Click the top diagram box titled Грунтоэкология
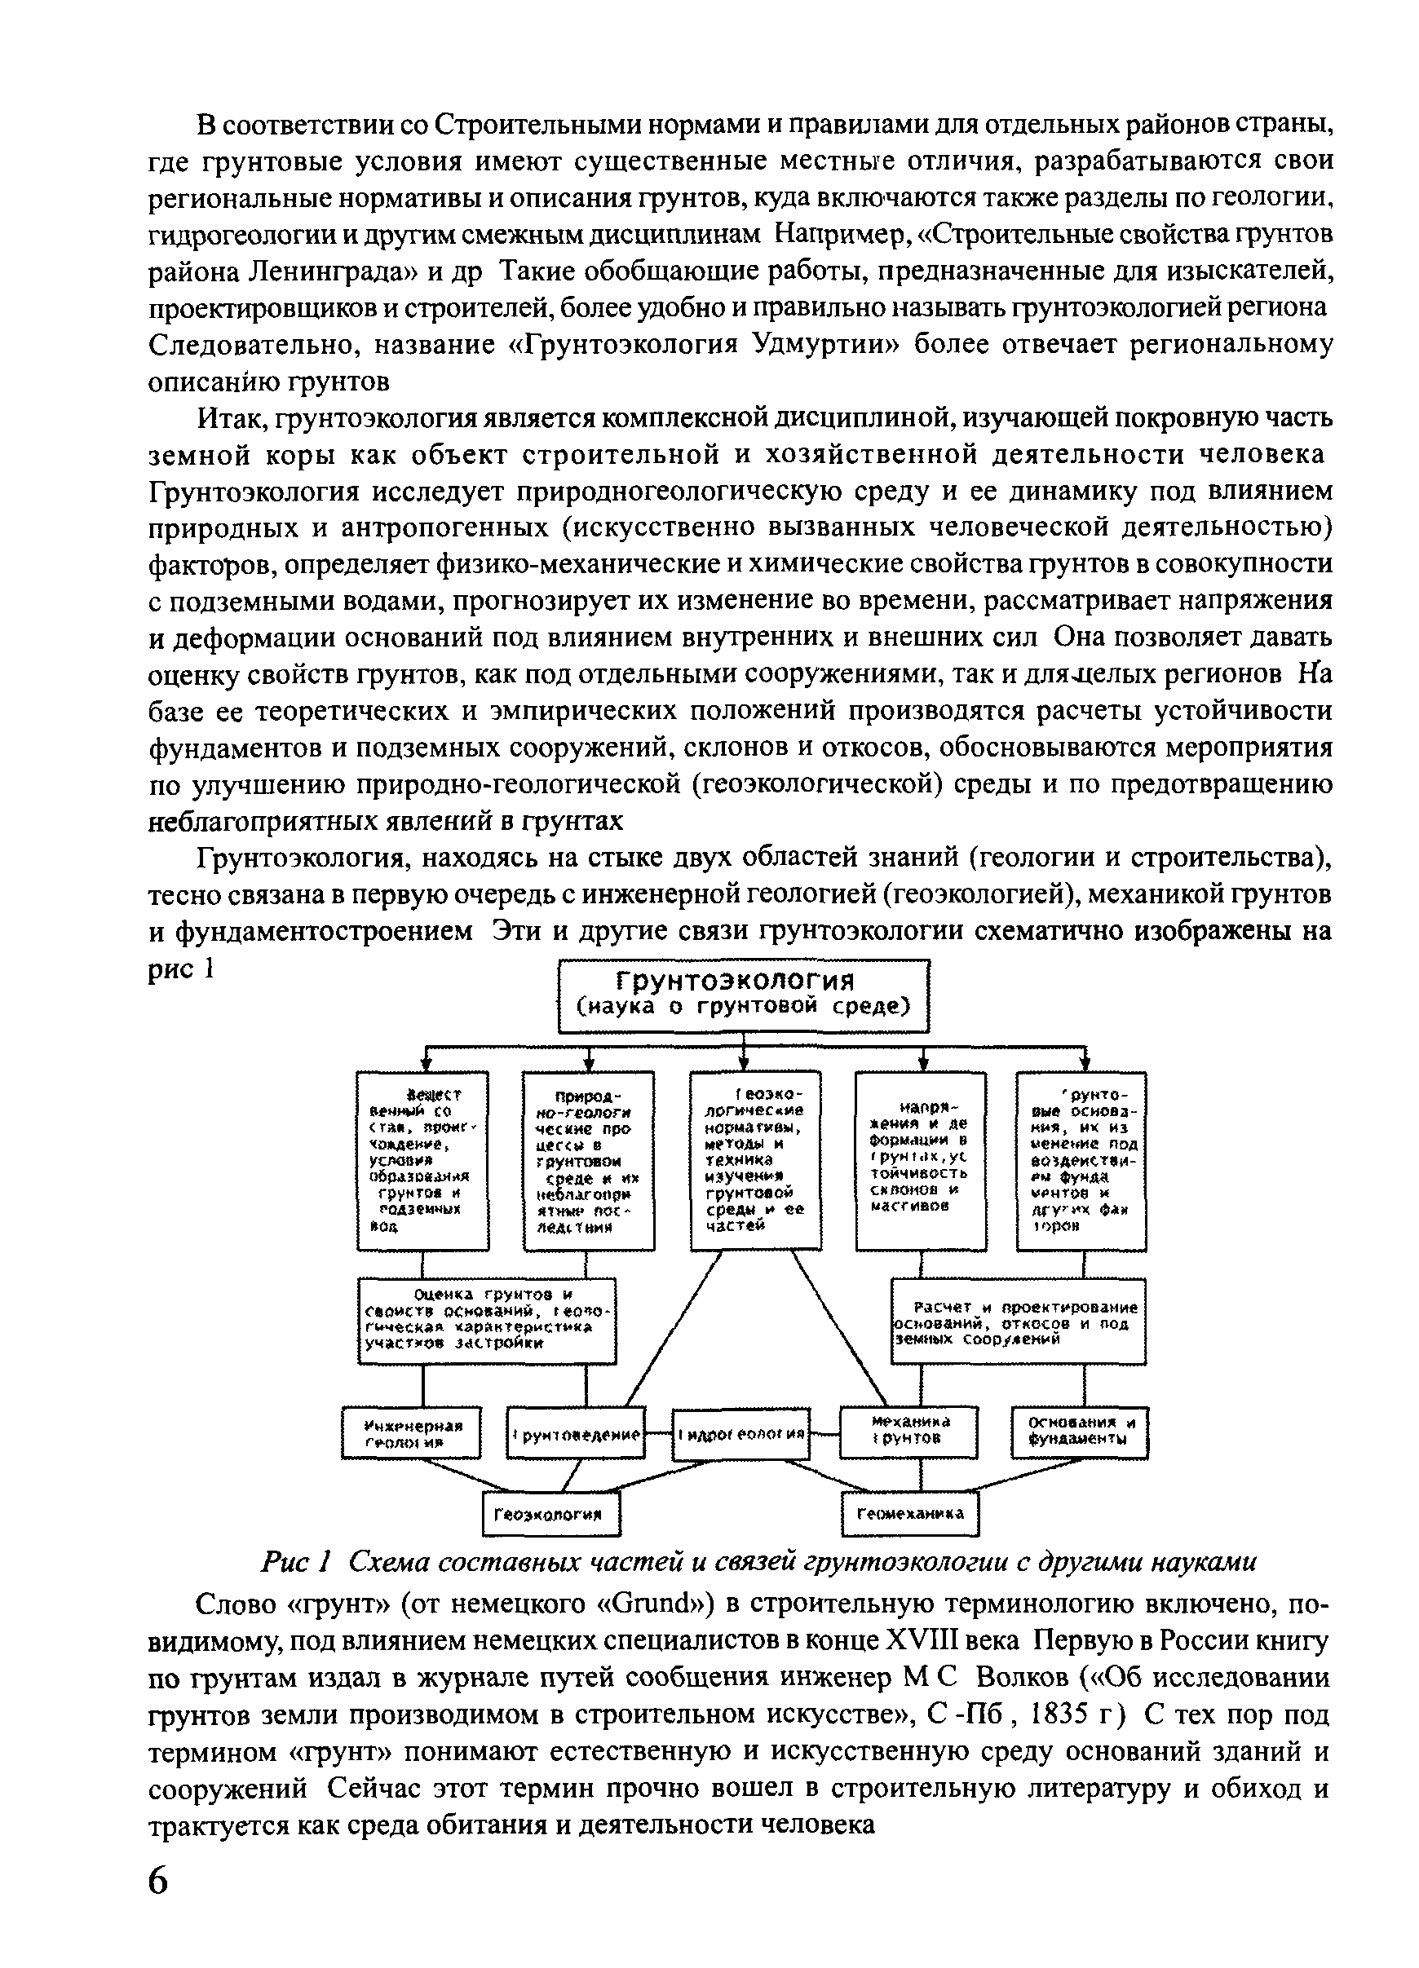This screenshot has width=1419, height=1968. [743, 995]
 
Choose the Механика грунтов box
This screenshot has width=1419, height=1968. [908, 1432]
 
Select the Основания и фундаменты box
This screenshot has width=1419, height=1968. [1081, 1432]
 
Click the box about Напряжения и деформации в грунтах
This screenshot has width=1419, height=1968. [921, 1160]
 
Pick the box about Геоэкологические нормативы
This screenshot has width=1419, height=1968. [755, 1160]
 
